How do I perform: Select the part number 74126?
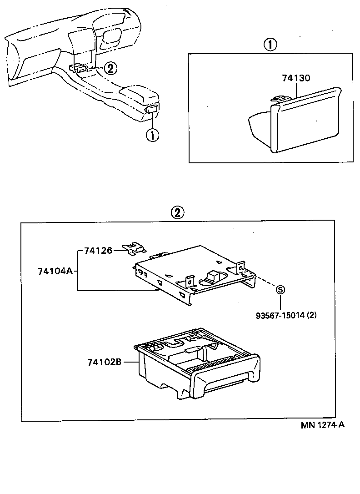click(98, 251)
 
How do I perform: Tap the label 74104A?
click(55, 271)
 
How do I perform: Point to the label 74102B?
click(104, 362)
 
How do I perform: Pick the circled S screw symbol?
click(280, 290)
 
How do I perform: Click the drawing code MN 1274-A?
click(322, 426)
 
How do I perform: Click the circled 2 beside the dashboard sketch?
click(110, 68)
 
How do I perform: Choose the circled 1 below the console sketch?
click(152, 135)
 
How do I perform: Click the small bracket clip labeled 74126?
click(135, 247)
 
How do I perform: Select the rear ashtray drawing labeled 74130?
click(295, 121)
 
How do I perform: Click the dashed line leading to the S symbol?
click(265, 282)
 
